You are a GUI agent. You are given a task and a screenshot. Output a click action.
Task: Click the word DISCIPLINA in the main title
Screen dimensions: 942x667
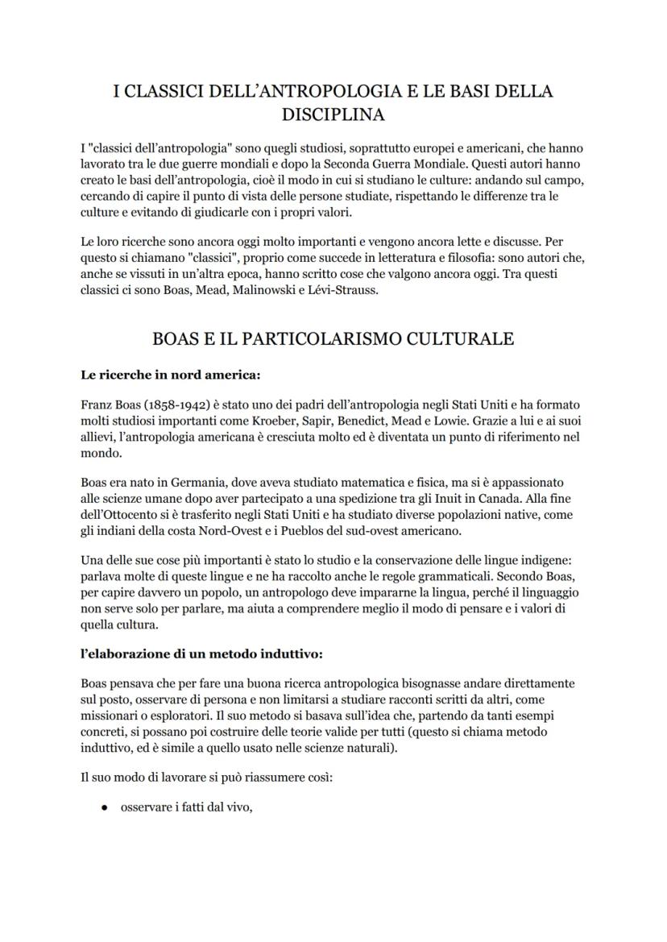[333, 114]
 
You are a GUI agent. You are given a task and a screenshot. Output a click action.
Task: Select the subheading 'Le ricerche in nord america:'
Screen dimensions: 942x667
[170, 375]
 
